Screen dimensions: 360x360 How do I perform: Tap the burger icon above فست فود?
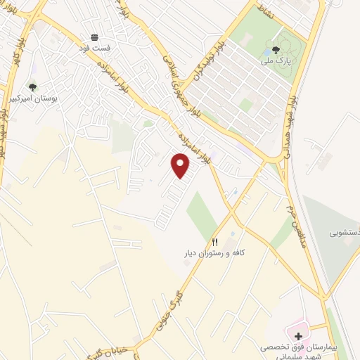click(x=94, y=37)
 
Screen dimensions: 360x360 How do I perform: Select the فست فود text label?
click(x=94, y=48)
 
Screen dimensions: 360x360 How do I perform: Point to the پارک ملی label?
click(x=276, y=61)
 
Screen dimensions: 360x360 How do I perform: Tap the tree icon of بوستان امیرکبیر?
click(x=32, y=86)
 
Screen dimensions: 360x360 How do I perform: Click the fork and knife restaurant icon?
click(x=215, y=241)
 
